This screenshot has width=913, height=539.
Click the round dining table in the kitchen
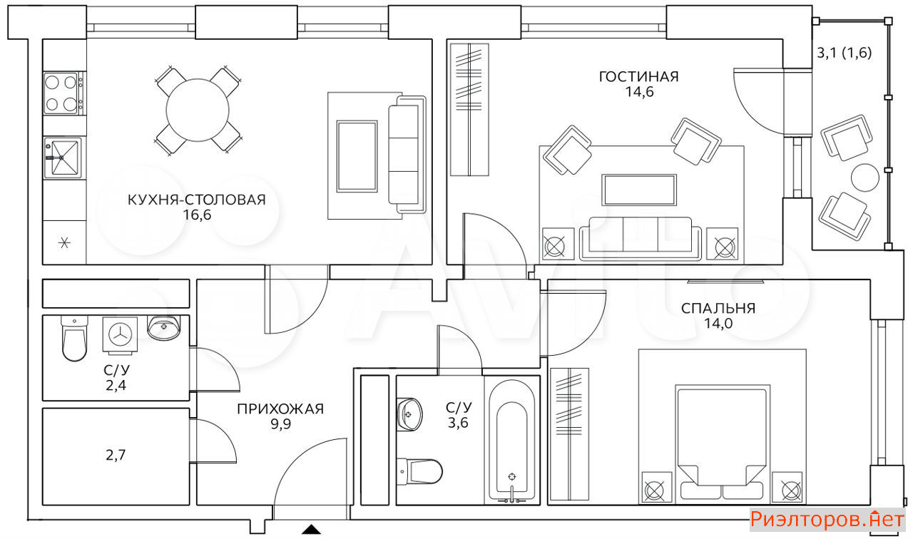pos(198,110)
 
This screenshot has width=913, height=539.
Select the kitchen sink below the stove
pos(62,158)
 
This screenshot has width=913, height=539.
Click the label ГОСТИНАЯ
pos(638,76)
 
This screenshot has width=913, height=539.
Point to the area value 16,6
pos(197,215)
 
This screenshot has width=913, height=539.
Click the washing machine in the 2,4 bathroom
pos(120,334)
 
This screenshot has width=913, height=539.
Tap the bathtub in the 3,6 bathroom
pos(511,441)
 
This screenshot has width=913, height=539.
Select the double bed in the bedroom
pos(723,443)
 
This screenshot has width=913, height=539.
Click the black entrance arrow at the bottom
pos(311,529)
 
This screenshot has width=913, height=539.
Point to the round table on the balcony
pos(865,178)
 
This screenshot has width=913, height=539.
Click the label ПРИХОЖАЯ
pos(280,409)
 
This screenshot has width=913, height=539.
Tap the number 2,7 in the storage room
pos(116,455)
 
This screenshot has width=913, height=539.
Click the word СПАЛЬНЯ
pos(718,309)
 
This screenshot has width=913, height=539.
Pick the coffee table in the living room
pos(639,190)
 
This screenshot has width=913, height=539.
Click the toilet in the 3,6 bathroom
pos(419,471)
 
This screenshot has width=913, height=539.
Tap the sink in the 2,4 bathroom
pos(163,327)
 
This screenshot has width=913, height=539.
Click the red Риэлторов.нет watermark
pos(827,520)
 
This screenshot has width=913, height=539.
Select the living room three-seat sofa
pos(641,238)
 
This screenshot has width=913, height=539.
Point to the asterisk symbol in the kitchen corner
pos(64,243)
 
